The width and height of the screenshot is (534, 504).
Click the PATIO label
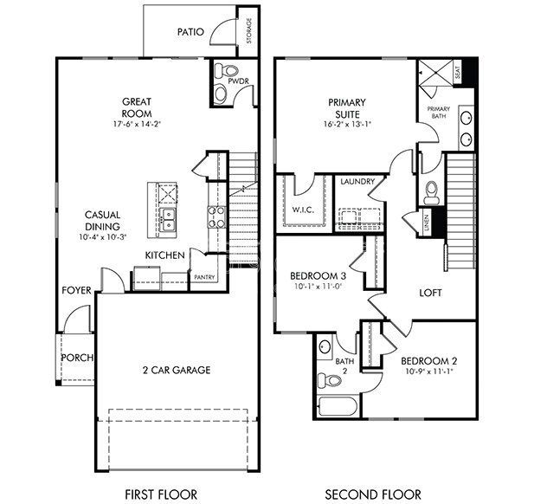click(190, 32)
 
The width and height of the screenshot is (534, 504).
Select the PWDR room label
click(239, 83)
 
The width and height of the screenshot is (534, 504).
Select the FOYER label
click(76, 290)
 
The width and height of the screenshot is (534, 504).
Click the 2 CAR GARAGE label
click(177, 370)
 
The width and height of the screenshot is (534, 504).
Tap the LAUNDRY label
click(357, 182)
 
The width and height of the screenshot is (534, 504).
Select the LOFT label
click(430, 293)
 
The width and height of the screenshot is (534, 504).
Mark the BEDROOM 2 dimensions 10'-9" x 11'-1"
click(428, 371)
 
